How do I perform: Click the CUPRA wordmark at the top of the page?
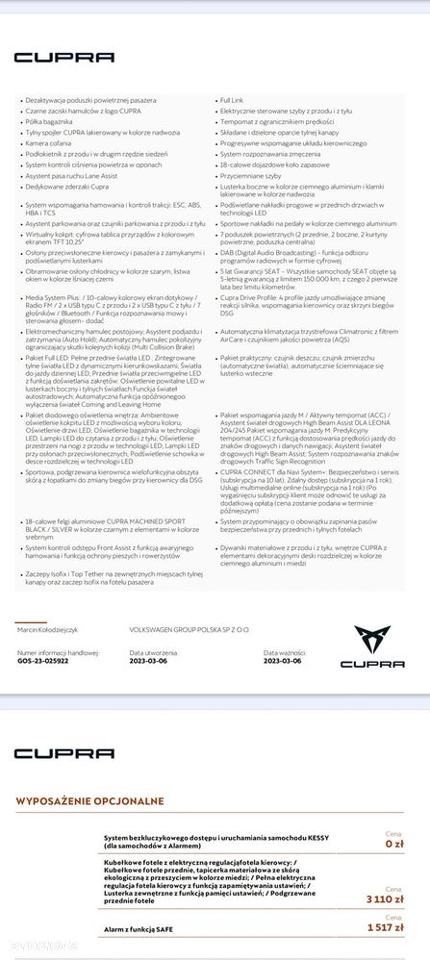click(x=50, y=58)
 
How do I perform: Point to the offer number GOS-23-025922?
click(x=43, y=662)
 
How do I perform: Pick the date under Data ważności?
click(x=284, y=662)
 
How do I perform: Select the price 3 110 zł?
click(x=386, y=899)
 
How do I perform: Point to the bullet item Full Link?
click(x=232, y=100)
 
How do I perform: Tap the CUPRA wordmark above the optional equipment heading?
click(x=50, y=752)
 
